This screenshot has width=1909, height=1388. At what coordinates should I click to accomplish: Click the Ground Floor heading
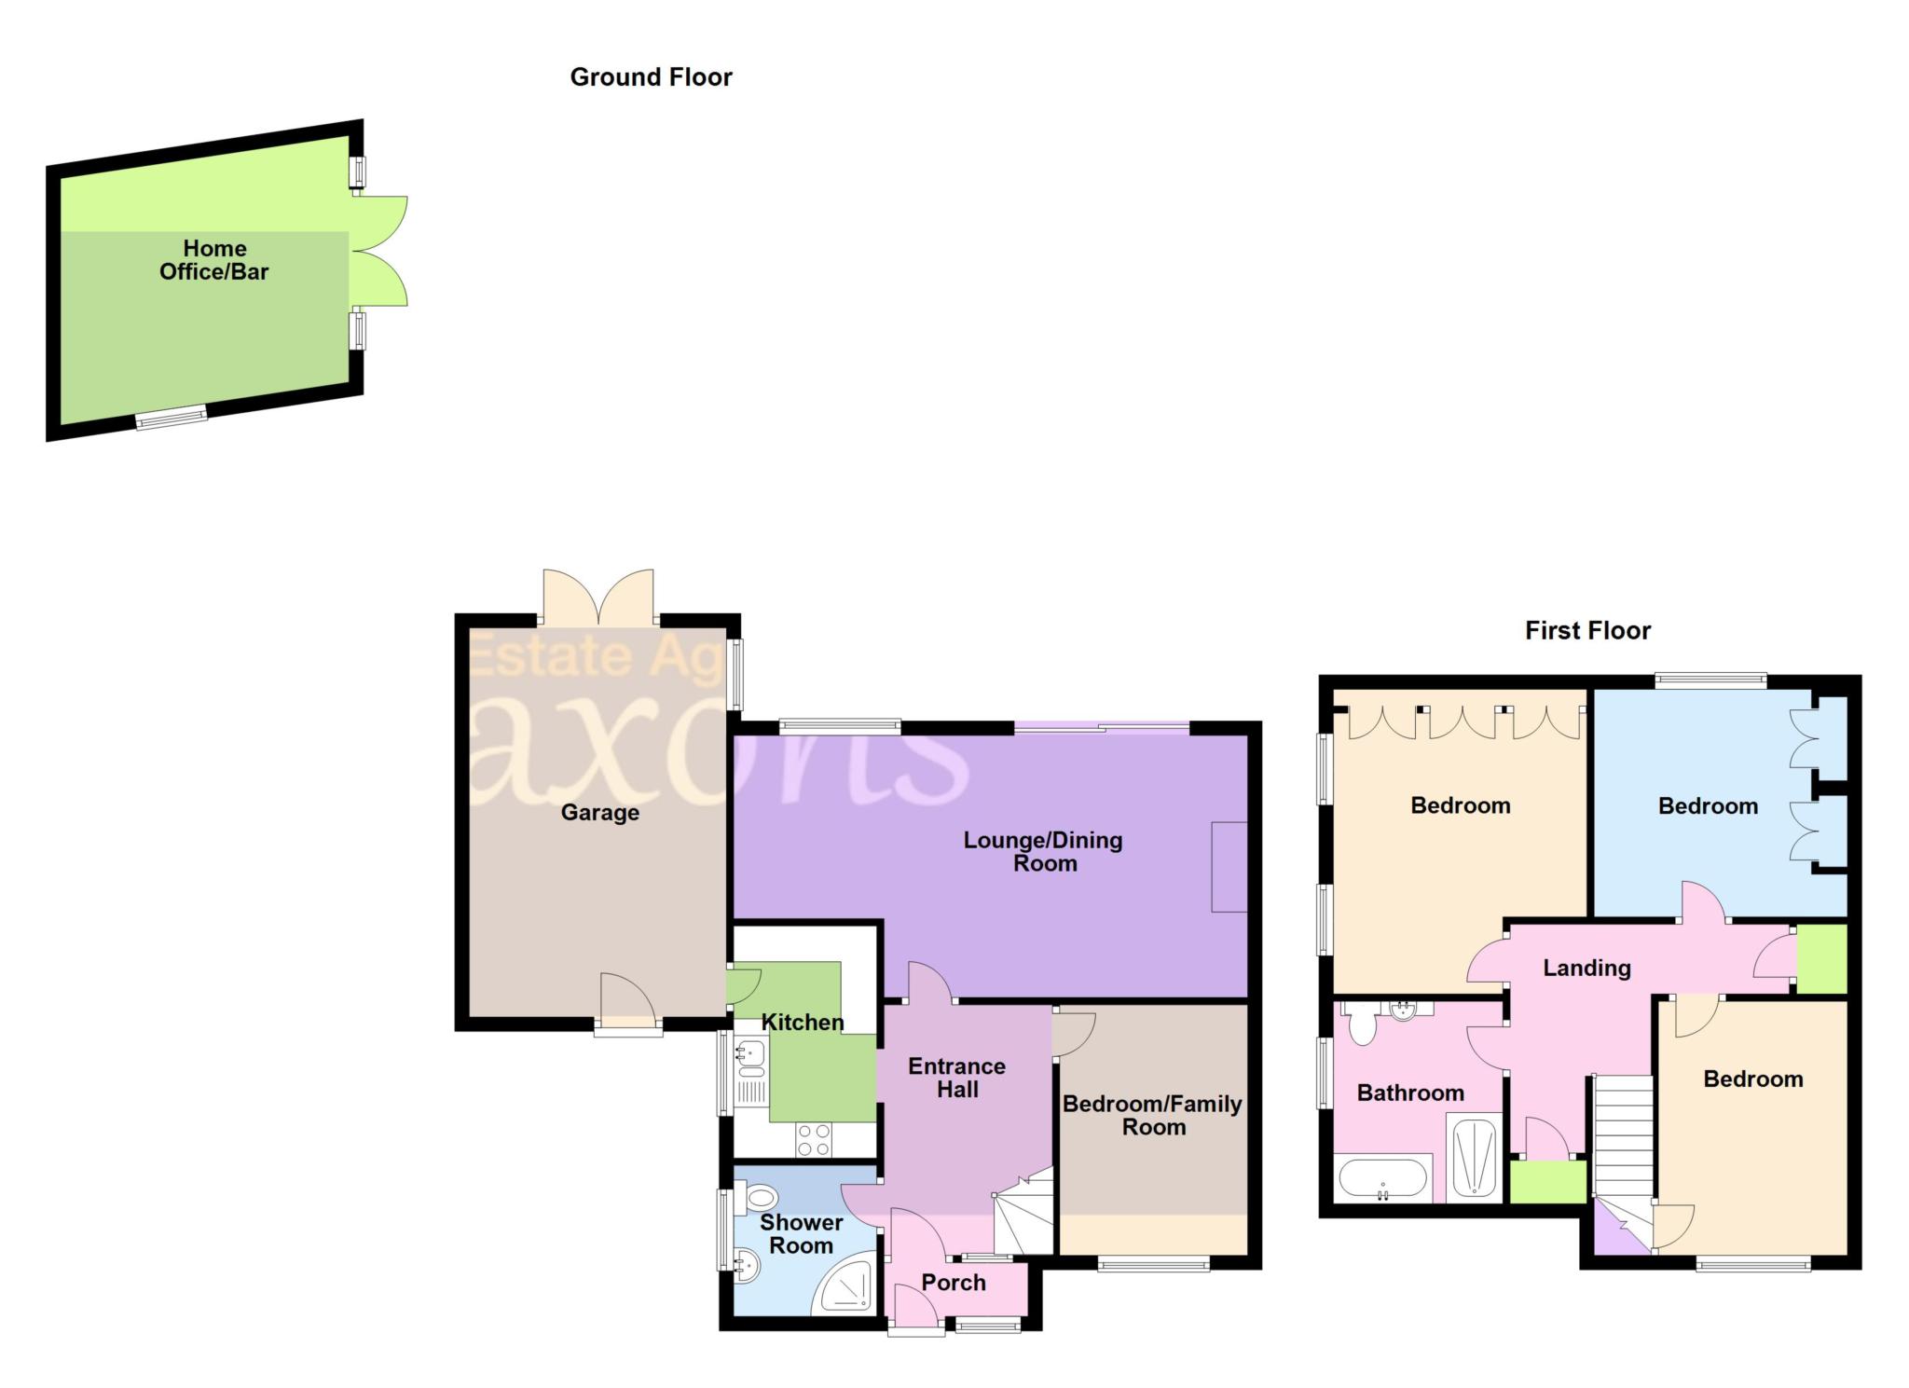(651, 77)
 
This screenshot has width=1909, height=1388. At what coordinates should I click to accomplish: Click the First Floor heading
(1587, 631)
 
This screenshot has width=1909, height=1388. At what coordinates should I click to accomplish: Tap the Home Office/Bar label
(214, 260)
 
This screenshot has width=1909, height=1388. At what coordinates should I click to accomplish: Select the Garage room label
(599, 813)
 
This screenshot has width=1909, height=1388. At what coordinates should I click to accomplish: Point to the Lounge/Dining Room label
(1043, 851)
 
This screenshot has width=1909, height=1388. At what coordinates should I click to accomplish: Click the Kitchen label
(803, 1023)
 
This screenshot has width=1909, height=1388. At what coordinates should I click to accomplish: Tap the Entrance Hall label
(957, 1078)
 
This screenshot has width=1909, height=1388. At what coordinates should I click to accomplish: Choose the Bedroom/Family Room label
(1153, 1115)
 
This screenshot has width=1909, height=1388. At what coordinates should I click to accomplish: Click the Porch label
(954, 1283)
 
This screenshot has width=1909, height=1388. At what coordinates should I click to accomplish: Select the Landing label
(1586, 969)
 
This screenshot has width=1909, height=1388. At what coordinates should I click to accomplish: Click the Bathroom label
(1410, 1093)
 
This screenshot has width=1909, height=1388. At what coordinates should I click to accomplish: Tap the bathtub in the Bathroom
(1382, 1178)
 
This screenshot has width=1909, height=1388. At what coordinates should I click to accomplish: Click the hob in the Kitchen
(814, 1139)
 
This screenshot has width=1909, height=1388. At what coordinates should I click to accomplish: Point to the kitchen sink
(750, 1055)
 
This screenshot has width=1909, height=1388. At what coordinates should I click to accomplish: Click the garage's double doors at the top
(598, 598)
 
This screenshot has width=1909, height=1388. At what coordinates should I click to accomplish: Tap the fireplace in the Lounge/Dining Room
(1229, 867)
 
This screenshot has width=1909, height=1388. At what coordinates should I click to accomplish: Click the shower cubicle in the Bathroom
(1474, 1157)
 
